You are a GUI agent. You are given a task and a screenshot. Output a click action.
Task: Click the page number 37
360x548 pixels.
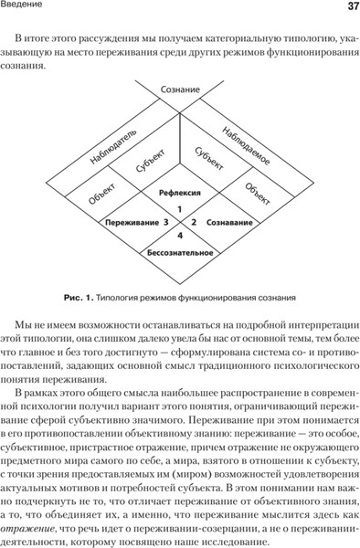coord(346,8)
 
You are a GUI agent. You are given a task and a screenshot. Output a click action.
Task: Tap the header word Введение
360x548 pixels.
coord(26,8)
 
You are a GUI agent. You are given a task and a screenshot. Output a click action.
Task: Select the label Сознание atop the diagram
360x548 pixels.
coord(180,90)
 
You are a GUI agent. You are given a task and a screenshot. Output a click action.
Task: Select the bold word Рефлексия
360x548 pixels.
coord(180,194)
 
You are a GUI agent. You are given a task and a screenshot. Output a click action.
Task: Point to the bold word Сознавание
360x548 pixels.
coord(228,222)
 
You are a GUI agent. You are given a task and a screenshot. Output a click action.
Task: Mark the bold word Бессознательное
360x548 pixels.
coord(180,251)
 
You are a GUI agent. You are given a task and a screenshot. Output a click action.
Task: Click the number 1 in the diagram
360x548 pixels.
coord(180,210)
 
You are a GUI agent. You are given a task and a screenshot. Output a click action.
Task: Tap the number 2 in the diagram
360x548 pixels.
coord(194,222)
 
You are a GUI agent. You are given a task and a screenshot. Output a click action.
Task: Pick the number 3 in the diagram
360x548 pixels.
coord(165,222)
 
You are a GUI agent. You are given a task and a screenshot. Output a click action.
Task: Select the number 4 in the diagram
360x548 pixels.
coord(180,237)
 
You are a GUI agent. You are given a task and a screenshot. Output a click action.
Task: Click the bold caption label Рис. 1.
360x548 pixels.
coord(79,296)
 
